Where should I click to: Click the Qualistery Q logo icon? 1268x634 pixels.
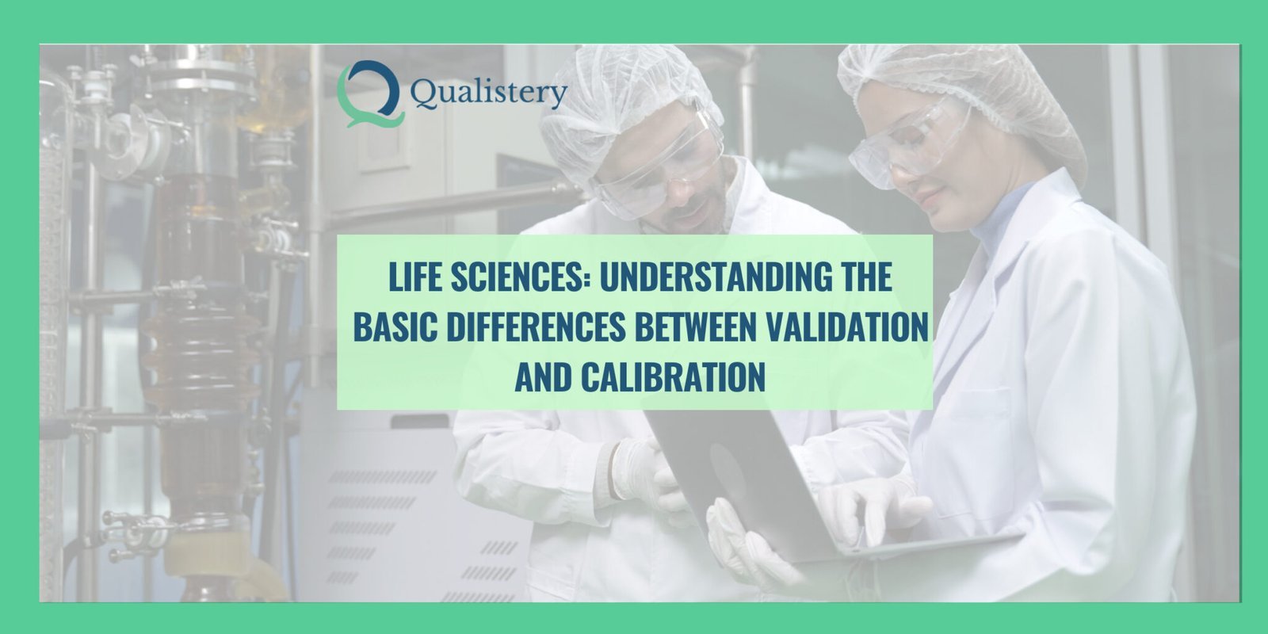pos(371,94)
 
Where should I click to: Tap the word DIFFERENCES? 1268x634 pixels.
pos(536,327)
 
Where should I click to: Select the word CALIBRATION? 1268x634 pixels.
pos(673,376)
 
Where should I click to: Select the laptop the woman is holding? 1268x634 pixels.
pos(792,487)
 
